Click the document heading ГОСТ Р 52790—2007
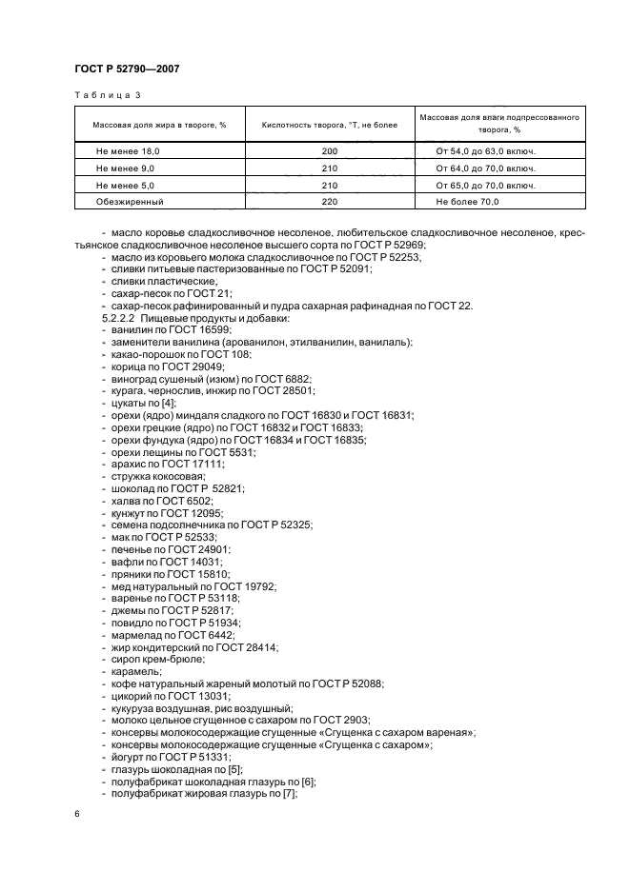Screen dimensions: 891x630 (x=127, y=69)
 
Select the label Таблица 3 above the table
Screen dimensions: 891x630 (x=107, y=95)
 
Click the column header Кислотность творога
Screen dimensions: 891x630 (x=330, y=124)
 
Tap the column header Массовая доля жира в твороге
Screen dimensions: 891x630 (x=158, y=124)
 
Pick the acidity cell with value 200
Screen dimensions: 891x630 (x=330, y=151)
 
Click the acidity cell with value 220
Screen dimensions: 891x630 (x=330, y=202)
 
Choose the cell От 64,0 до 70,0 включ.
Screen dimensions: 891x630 (x=485, y=168)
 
